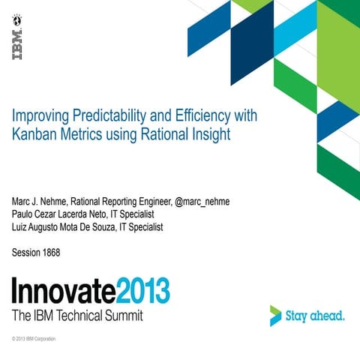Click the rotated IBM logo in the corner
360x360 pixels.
[16, 44]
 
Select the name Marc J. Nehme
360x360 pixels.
[43, 202]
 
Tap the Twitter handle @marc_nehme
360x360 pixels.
[202, 202]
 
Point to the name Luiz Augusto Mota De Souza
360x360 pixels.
[65, 227]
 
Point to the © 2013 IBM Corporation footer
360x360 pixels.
[34, 339]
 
